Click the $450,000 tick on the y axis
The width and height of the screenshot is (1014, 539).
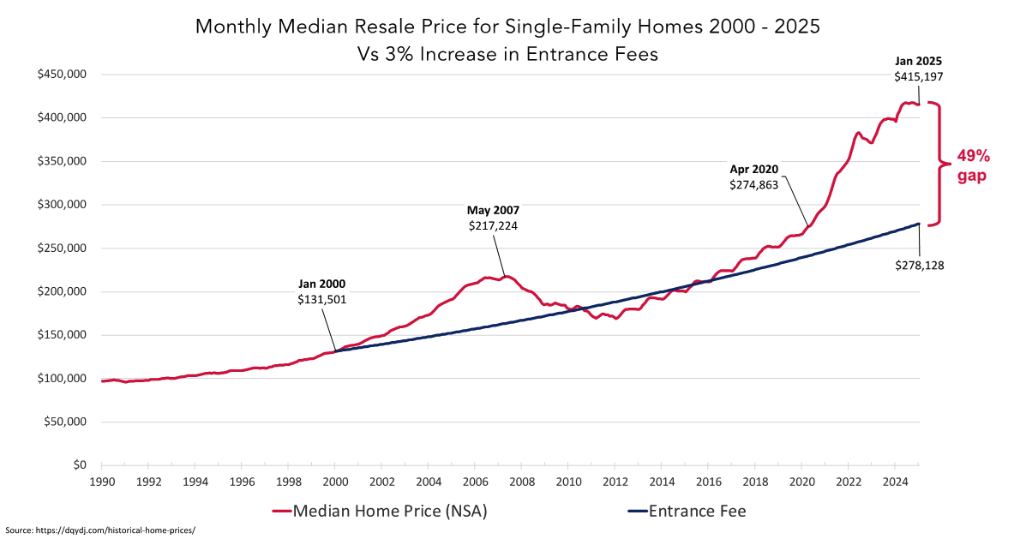(x=61, y=74)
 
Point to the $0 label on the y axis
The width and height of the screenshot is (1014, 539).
(x=79, y=464)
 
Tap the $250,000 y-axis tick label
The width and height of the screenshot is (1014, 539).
(x=61, y=248)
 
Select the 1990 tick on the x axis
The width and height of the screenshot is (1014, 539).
(x=102, y=482)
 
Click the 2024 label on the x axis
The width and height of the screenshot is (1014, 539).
(x=895, y=482)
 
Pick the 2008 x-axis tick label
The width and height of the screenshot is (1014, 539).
(x=521, y=482)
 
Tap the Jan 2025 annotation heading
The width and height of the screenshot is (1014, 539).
(x=919, y=61)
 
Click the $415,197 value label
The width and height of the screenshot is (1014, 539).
(x=919, y=76)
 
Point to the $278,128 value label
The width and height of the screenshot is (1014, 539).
(x=919, y=265)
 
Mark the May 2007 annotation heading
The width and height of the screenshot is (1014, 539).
(x=493, y=210)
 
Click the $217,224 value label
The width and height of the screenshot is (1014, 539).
(x=493, y=225)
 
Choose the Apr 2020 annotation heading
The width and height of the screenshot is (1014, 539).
(x=753, y=169)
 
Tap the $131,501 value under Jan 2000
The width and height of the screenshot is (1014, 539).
(x=322, y=299)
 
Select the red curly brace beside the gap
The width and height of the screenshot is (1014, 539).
(x=940, y=163)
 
